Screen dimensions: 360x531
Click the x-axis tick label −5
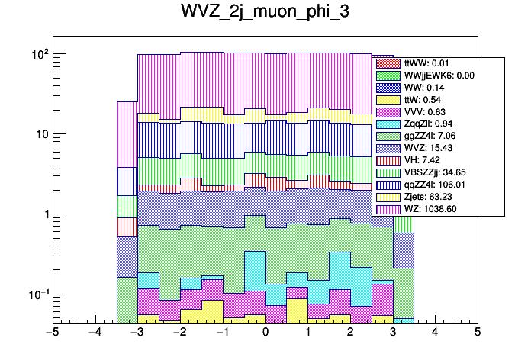[x=53, y=333]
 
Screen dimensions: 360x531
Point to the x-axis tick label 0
[x=265, y=333]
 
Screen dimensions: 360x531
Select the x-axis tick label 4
[x=435, y=333]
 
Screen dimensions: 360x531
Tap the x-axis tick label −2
[x=179, y=333]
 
